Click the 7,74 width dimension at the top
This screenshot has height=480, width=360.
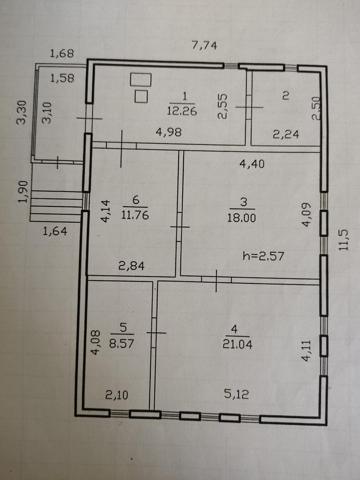(x=204, y=45)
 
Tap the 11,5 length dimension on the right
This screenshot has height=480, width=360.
(x=343, y=240)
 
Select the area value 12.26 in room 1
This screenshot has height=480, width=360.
(x=182, y=111)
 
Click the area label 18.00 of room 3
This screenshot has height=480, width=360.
(x=242, y=218)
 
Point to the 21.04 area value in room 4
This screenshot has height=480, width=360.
(x=237, y=344)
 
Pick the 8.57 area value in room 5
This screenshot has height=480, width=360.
(x=122, y=343)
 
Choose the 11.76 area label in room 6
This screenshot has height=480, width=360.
(x=135, y=215)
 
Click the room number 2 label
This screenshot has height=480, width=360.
(x=286, y=96)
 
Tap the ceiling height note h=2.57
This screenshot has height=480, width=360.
(x=263, y=256)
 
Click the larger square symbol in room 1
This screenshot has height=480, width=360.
(x=140, y=80)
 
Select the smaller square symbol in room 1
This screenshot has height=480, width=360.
(x=141, y=96)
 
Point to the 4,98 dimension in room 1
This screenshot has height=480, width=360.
(x=169, y=132)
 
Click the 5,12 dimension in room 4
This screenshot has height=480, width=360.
(x=236, y=394)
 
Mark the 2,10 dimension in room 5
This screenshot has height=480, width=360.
(x=117, y=395)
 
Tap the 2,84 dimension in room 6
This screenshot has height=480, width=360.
(x=132, y=266)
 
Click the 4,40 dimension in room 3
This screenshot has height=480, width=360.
(x=252, y=163)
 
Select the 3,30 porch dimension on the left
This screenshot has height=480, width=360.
(x=22, y=113)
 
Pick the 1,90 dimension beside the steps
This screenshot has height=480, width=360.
(x=22, y=192)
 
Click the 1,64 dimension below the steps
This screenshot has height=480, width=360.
(x=55, y=231)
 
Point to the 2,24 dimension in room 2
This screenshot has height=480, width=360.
(x=286, y=134)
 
